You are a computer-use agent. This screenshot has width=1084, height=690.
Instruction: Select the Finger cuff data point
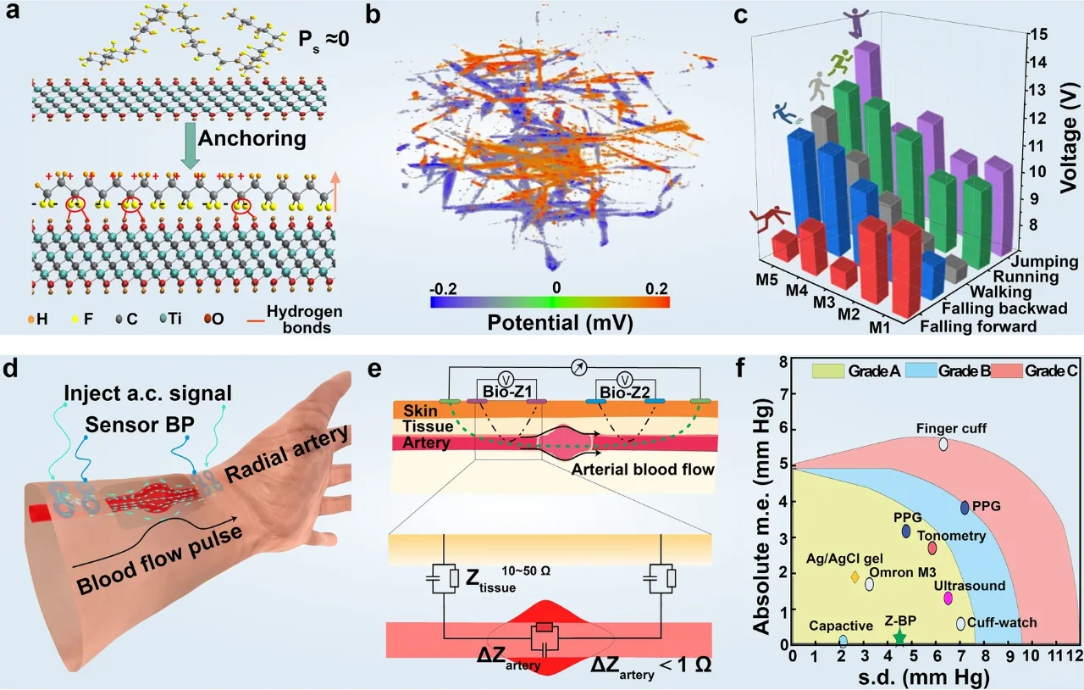943,444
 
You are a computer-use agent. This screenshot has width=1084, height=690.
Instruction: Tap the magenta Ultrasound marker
948,598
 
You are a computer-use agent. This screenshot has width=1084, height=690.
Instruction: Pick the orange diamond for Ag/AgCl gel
855,577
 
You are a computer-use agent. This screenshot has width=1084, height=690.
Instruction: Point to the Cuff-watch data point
960,623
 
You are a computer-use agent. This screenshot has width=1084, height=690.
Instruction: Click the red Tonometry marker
932,548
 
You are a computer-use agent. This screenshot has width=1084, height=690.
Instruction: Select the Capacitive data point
843,642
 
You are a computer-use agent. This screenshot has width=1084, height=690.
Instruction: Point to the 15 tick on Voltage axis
1038,33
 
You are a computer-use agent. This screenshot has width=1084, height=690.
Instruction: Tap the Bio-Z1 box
507,390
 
